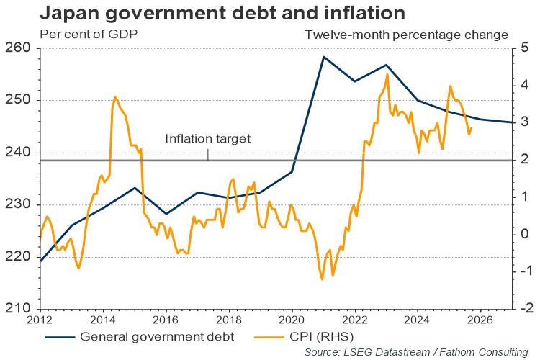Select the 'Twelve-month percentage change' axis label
(x=407, y=35)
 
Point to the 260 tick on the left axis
(x=19, y=48)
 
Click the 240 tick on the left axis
(x=19, y=153)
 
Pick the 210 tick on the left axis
(x=19, y=309)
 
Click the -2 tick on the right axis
(x=523, y=309)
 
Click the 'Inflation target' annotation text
(x=207, y=139)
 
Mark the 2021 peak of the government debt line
(x=324, y=56)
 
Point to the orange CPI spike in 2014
(x=115, y=96)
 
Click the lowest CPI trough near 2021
(x=322, y=279)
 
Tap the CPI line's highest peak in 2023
(x=387, y=74)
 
